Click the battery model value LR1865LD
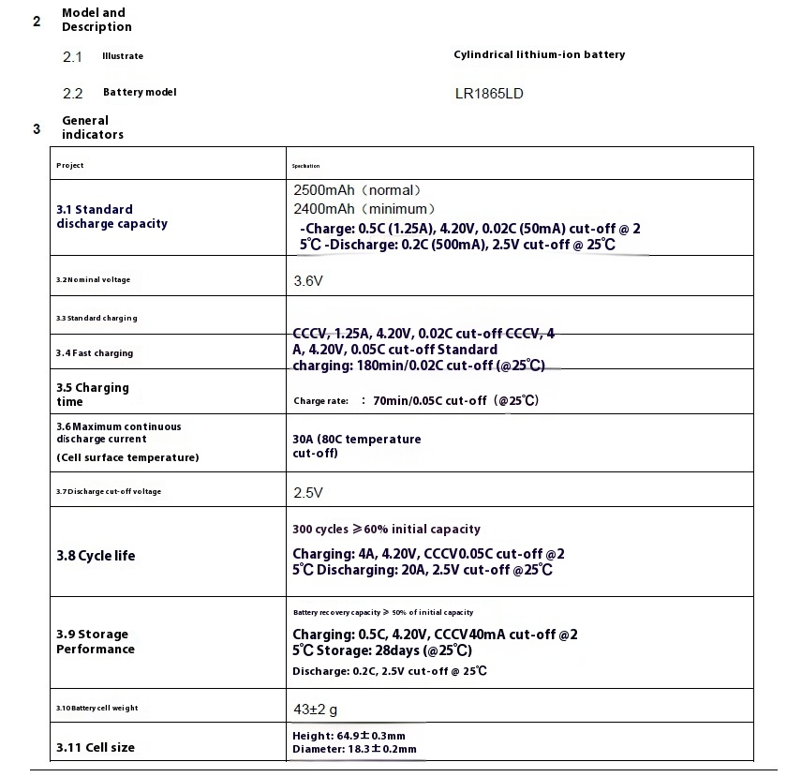pyautogui.click(x=496, y=94)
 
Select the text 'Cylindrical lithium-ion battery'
pyautogui.click(x=539, y=54)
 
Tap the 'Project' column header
pyautogui.click(x=70, y=165)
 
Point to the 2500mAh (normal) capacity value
pyautogui.click(x=350, y=190)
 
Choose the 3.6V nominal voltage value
pyautogui.click(x=308, y=280)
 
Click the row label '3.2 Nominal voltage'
pyautogui.click(x=94, y=280)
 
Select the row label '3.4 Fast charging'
pyautogui.click(x=95, y=353)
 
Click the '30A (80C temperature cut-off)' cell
pyautogui.click(x=356, y=446)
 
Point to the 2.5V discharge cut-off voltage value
pyautogui.click(x=308, y=492)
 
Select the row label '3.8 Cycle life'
pyautogui.click(x=96, y=556)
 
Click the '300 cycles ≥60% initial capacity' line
pyautogui.click(x=386, y=530)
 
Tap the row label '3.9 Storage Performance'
pyautogui.click(x=95, y=642)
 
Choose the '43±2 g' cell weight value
pyautogui.click(x=316, y=710)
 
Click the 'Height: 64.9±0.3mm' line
pyautogui.click(x=349, y=737)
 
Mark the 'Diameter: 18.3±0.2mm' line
pyautogui.click(x=354, y=750)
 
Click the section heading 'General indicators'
pyautogui.click(x=92, y=127)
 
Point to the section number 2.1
pyautogui.click(x=72, y=57)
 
